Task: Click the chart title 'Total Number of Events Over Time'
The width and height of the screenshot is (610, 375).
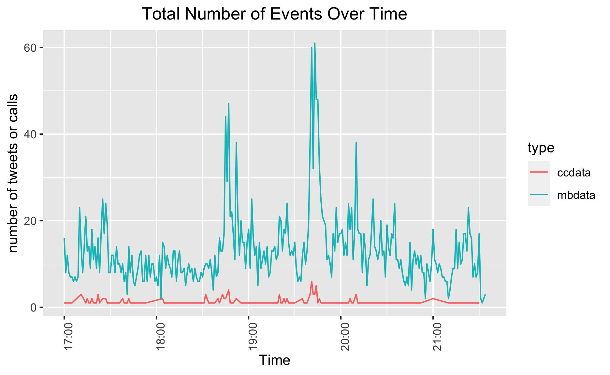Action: pyautogui.click(x=275, y=14)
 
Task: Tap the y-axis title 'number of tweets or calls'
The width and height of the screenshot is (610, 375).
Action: pyautogui.click(x=13, y=173)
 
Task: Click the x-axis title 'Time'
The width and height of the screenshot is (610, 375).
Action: pyautogui.click(x=274, y=360)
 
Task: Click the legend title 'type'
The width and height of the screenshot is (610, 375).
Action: pyautogui.click(x=541, y=148)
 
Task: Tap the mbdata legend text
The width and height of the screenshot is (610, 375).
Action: pyautogui.click(x=576, y=195)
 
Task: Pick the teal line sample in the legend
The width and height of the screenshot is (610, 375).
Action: pyautogui.click(x=539, y=195)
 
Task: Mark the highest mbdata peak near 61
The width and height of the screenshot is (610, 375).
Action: pyautogui.click(x=314, y=43)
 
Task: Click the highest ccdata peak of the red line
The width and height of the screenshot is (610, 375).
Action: pyautogui.click(x=312, y=281)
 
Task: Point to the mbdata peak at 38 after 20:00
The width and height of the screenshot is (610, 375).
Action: pyautogui.click(x=356, y=143)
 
